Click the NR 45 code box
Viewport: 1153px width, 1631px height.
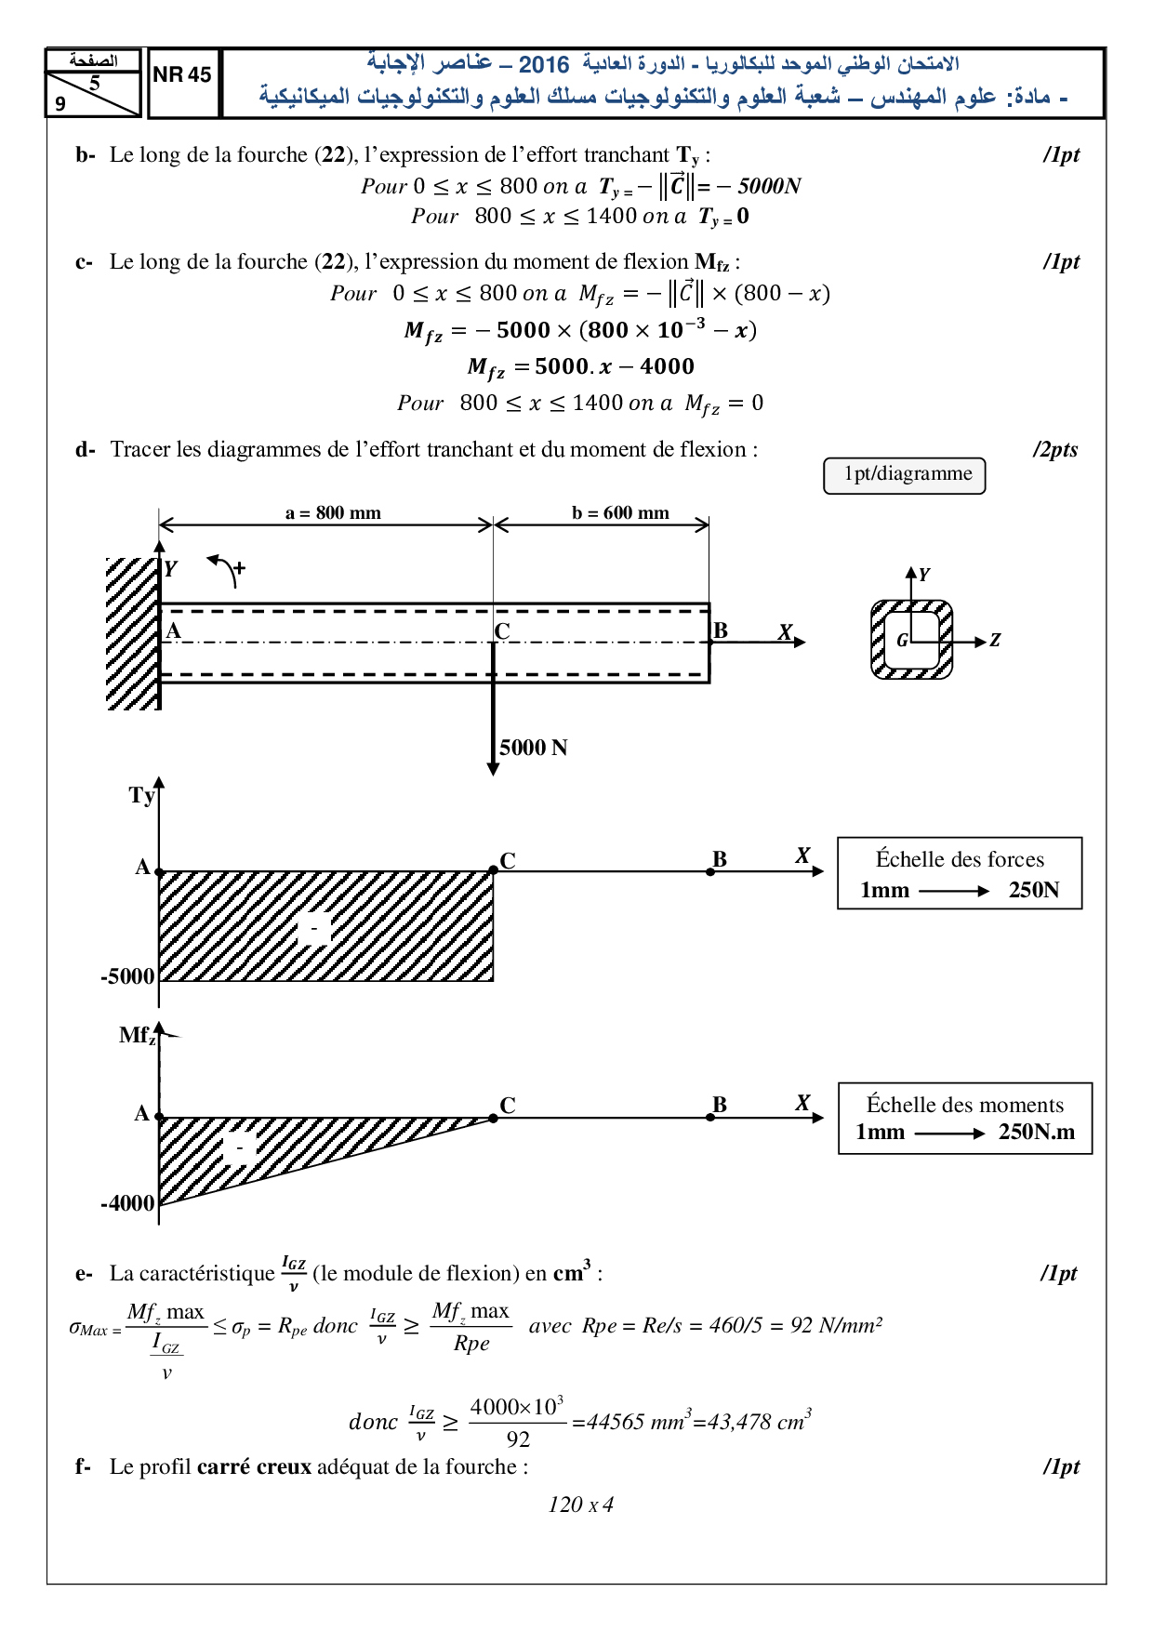[x=182, y=75]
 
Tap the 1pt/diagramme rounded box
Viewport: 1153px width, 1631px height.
[x=904, y=475]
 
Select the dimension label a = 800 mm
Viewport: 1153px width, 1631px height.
[x=333, y=513]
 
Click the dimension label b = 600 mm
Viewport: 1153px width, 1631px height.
[x=620, y=513]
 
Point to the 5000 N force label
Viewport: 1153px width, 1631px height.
[x=533, y=748]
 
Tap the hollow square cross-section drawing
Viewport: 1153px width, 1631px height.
[x=912, y=640]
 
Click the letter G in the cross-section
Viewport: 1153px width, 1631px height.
[x=902, y=641]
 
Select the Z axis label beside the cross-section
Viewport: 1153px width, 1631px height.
[x=995, y=641]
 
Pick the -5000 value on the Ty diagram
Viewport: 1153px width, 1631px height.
[x=127, y=976]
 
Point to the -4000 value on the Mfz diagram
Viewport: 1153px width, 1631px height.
[x=127, y=1203]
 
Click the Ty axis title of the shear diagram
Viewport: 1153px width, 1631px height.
[x=141, y=795]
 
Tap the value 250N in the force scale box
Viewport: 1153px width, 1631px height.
[x=1034, y=890]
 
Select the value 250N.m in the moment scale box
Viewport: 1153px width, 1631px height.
[x=1036, y=1132]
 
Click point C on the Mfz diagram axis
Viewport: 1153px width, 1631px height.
[x=494, y=1118]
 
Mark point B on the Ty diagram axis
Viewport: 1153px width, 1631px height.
[x=710, y=871]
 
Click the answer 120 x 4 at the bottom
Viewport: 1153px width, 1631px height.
[x=580, y=1505]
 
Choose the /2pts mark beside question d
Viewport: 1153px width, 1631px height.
[x=1055, y=450]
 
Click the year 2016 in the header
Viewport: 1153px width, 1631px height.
[x=544, y=64]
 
